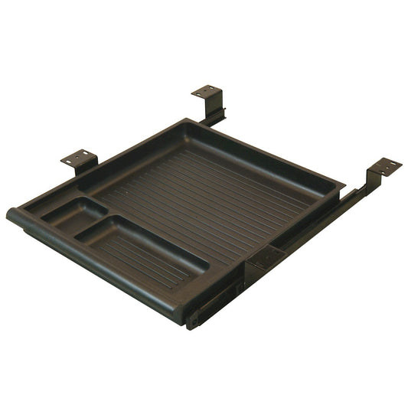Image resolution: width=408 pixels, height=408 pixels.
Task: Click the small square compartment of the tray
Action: point(73,214)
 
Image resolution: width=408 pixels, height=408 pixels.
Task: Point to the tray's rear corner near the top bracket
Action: point(188,123)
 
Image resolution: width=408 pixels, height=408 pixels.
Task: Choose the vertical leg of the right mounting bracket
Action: point(370,181)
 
